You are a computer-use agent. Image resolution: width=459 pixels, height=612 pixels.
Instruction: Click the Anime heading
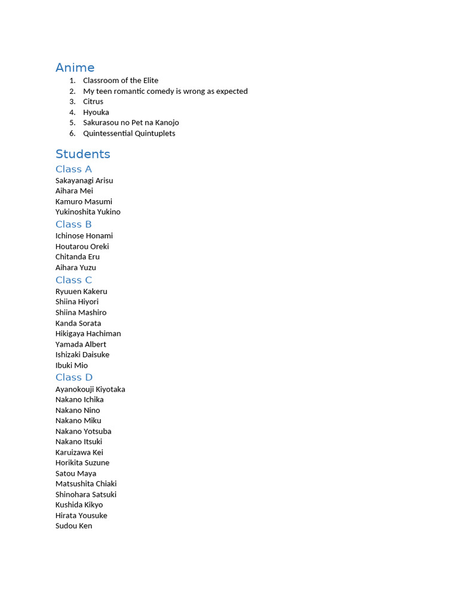click(75, 68)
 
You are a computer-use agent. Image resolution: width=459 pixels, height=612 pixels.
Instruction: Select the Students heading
click(82, 154)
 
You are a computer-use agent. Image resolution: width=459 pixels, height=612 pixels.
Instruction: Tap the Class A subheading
click(74, 169)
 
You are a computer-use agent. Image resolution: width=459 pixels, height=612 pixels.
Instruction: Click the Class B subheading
click(74, 224)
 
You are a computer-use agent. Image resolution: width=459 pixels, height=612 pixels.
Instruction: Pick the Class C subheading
click(74, 280)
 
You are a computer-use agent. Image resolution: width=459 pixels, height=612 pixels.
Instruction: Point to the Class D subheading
click(74, 377)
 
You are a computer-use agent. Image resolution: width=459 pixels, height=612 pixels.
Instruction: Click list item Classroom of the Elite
click(121, 81)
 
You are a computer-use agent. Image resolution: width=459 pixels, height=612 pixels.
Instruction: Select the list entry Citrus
click(93, 102)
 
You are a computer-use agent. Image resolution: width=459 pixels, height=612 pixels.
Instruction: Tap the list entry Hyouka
click(96, 112)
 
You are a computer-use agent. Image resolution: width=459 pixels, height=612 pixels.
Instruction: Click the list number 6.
click(72, 133)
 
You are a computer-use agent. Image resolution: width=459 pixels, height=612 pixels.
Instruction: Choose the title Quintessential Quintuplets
click(129, 133)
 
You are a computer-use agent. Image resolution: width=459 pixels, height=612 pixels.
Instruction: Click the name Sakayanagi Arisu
click(84, 180)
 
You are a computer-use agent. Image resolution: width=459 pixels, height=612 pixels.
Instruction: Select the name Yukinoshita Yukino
click(88, 212)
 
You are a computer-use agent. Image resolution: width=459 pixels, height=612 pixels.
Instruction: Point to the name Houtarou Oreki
click(82, 246)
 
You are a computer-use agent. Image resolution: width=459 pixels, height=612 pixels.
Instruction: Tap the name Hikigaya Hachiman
click(88, 333)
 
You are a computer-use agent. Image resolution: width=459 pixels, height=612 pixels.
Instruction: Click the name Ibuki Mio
click(72, 365)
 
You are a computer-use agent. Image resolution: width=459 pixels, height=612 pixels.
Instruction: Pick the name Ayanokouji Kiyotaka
click(90, 389)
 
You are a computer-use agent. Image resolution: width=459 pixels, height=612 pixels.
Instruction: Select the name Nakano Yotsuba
click(83, 431)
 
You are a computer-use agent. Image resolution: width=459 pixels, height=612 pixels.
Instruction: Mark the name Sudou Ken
click(74, 526)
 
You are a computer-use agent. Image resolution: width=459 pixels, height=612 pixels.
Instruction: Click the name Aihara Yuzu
click(76, 267)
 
